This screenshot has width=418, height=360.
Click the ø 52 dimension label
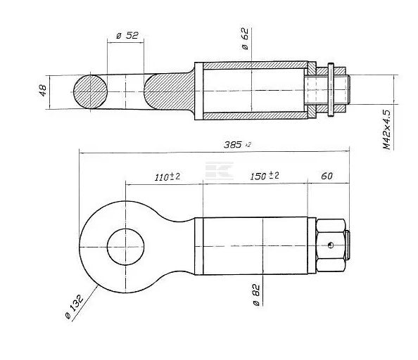click(x=127, y=35)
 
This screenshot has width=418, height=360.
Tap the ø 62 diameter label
click(x=245, y=39)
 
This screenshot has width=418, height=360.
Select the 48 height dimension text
click(x=43, y=90)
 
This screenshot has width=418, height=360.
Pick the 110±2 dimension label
click(x=167, y=176)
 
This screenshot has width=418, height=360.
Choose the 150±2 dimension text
click(x=265, y=176)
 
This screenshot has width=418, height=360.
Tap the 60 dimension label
click(x=327, y=176)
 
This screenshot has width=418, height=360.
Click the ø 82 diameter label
click(x=256, y=295)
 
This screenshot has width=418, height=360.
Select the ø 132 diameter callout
click(x=75, y=307)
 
